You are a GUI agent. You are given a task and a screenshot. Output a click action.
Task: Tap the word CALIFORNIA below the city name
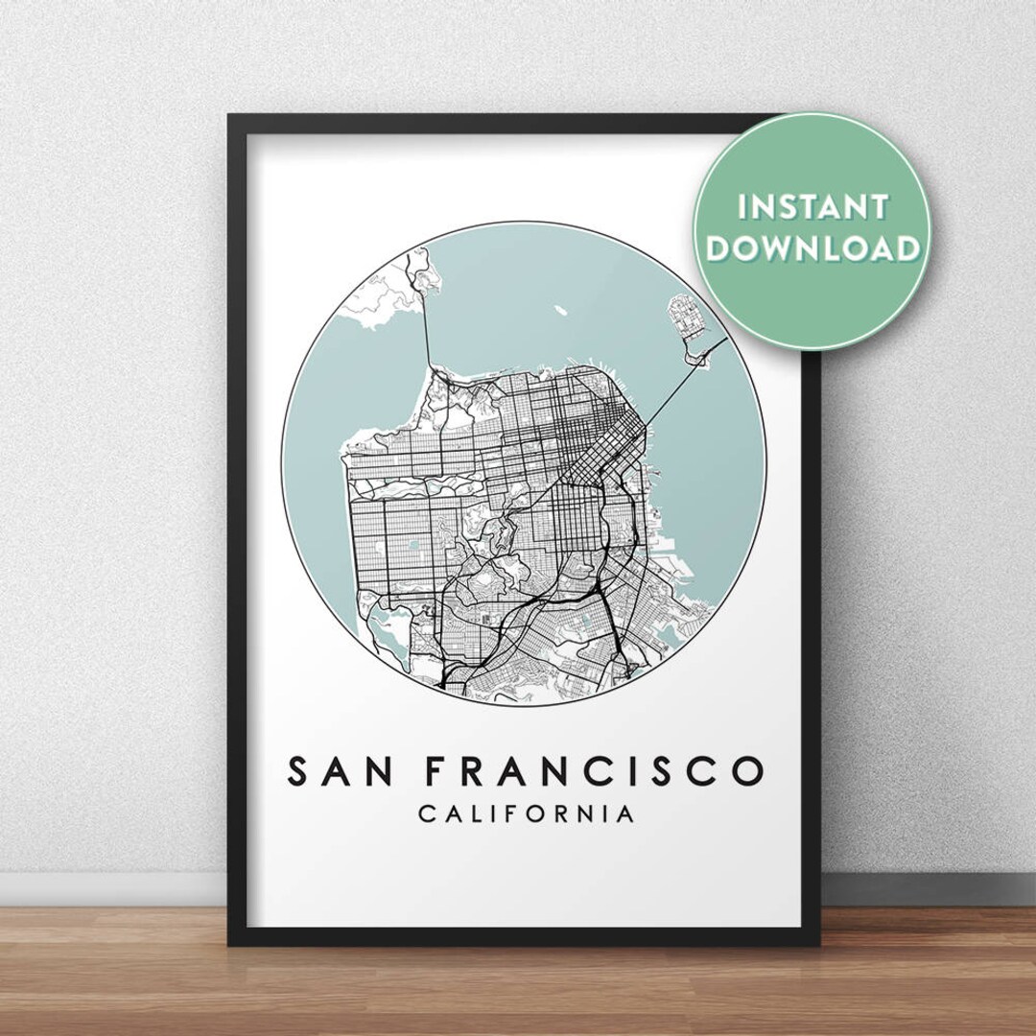526,815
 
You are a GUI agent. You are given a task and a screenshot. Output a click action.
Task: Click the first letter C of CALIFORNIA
426,815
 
